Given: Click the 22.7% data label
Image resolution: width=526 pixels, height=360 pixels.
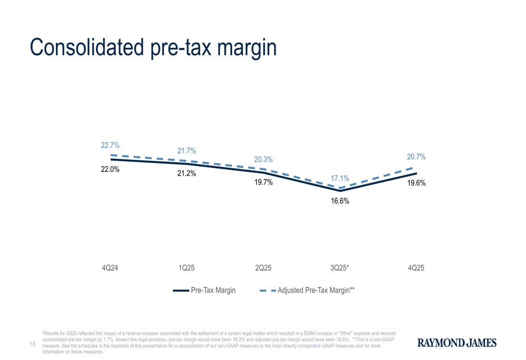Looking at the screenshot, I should [110, 146].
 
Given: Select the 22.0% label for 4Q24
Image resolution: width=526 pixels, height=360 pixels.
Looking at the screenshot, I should [110, 169].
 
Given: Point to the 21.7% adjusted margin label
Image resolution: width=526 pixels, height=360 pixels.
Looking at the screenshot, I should [187, 151].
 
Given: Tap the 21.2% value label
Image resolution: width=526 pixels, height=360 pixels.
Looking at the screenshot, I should [187, 173].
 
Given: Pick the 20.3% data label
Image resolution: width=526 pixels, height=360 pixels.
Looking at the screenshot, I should [264, 159].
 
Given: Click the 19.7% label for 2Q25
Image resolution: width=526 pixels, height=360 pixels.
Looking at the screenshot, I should [264, 182].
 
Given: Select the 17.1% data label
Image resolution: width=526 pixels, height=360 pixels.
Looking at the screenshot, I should [340, 179].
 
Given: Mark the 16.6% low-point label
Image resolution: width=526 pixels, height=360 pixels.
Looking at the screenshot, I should [340, 201].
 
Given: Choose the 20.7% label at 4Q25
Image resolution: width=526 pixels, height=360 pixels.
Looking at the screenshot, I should [416, 157].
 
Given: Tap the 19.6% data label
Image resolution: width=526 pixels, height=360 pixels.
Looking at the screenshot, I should [417, 183].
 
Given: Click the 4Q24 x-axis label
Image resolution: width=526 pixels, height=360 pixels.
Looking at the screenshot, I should [110, 268].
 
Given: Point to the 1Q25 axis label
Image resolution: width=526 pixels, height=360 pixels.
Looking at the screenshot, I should [187, 268].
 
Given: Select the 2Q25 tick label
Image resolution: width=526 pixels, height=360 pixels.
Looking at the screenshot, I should [263, 268].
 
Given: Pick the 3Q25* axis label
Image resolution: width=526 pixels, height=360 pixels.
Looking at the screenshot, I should [340, 268].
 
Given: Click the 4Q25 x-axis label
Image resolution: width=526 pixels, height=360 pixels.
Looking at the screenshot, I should [416, 268].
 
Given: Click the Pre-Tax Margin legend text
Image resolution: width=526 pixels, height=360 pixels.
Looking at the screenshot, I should [213, 290].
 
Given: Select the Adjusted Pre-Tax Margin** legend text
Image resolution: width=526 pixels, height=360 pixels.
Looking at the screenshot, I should [316, 290].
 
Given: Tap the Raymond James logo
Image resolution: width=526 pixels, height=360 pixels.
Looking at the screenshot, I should [457, 343].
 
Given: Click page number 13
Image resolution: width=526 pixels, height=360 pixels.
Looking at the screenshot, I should [33, 344].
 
